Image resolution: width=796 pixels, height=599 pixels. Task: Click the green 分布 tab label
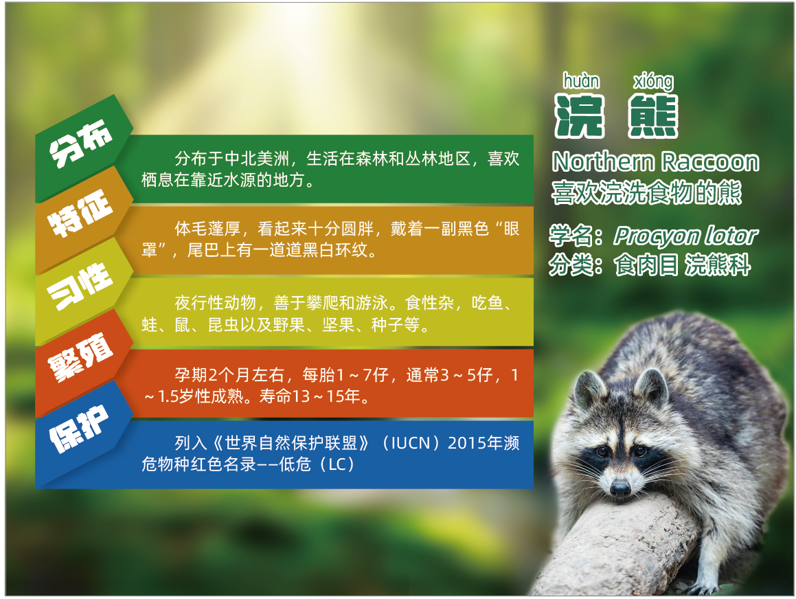coord(80,143)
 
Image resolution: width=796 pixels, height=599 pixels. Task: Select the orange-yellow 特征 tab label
coord(80,213)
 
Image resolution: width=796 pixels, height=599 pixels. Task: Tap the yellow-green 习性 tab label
coord(80,285)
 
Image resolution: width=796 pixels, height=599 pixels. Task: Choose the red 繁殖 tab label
coord(80,357)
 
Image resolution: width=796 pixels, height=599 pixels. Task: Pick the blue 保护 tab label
coord(79,428)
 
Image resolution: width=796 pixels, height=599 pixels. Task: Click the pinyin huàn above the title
coord(581,81)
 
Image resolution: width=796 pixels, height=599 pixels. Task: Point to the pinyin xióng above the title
coord(654,82)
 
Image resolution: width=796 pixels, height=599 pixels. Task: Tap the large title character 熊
coord(653,116)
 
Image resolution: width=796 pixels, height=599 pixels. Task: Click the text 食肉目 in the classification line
coord(646,265)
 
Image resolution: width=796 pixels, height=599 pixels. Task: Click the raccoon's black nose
coord(620,489)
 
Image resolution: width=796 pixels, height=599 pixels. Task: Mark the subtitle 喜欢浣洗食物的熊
coord(647,193)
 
